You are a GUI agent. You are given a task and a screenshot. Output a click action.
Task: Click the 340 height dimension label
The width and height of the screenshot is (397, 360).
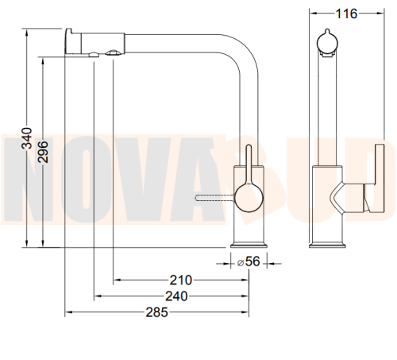click(x=26, y=138)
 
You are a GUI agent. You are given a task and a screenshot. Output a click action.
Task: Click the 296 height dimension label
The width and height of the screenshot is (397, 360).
click(x=43, y=152)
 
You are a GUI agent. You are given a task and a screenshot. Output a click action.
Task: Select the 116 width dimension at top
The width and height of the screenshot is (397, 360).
click(x=346, y=14)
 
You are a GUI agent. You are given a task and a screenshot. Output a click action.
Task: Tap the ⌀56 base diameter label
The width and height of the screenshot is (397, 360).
click(x=249, y=261)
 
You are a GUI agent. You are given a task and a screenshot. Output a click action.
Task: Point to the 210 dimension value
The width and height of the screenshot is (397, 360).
click(x=181, y=280)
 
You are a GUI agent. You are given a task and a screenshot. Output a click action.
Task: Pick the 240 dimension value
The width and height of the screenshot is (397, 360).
click(x=176, y=296)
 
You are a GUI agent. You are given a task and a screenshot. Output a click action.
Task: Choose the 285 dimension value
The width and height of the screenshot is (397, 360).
click(x=156, y=312)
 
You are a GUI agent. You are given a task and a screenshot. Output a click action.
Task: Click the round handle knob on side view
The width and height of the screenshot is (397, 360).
click(x=249, y=199)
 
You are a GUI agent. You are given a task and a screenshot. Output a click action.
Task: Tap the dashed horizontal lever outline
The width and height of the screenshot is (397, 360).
click(x=215, y=197)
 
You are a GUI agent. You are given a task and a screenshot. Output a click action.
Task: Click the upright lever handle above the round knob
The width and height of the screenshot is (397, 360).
click(x=249, y=165)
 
